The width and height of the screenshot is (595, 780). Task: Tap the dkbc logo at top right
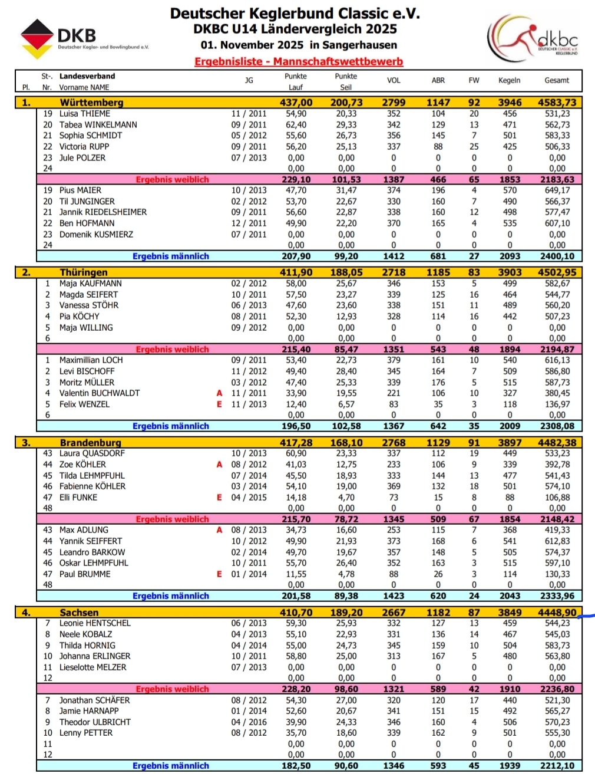[x=533, y=38]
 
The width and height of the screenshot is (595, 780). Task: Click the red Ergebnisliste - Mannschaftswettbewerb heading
[x=299, y=61]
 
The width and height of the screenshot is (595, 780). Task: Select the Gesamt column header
[x=557, y=80]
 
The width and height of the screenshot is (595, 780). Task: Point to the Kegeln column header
[x=509, y=80]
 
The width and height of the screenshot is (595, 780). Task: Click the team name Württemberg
[x=91, y=103]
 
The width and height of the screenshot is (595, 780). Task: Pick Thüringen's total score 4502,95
[x=557, y=272]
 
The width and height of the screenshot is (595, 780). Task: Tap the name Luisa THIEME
[x=84, y=114]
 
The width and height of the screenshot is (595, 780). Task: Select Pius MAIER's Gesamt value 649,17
[x=557, y=190]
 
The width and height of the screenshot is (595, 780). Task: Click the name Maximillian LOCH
[x=91, y=360]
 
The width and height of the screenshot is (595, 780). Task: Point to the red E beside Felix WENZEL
[x=219, y=404]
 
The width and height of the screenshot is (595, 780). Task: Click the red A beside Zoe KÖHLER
[x=219, y=465]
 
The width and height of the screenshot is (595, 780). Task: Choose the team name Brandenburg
[x=90, y=443]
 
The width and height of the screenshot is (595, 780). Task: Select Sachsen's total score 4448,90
[x=557, y=613]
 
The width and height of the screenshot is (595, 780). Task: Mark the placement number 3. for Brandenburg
[x=26, y=443]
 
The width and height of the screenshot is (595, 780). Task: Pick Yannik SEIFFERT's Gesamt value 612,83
[x=557, y=541]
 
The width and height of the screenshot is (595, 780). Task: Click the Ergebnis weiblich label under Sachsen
[x=172, y=689]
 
